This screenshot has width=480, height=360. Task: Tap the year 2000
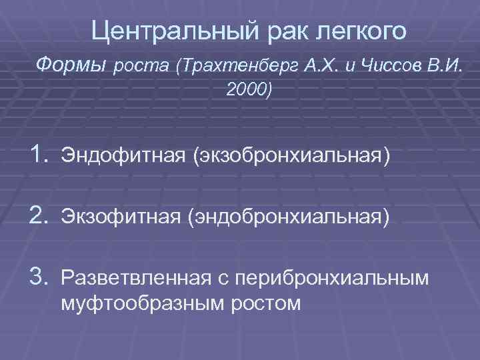coord(249,89)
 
